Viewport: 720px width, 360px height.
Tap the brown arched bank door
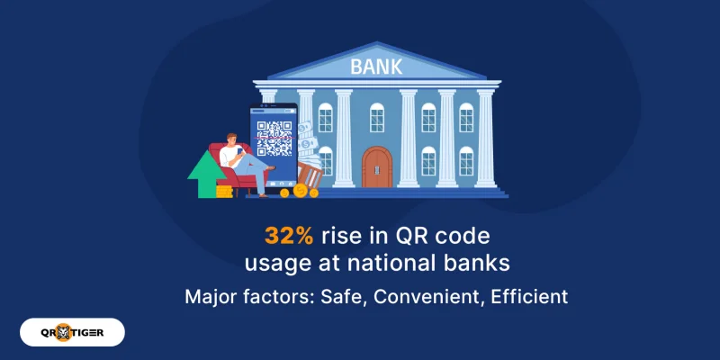(x=377, y=167)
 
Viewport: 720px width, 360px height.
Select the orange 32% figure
(x=288, y=235)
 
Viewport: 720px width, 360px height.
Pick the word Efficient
(x=529, y=297)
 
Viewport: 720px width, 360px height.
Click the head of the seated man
(x=232, y=140)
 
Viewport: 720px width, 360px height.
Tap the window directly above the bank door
(x=377, y=117)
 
